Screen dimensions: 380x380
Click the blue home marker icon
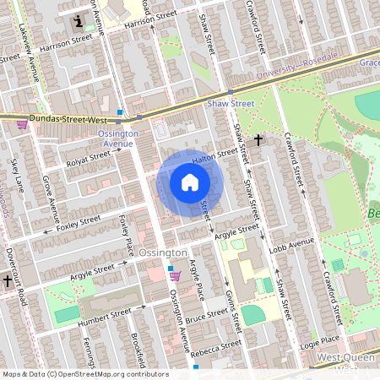190,182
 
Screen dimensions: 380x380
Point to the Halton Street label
214,155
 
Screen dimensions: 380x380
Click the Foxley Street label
78,224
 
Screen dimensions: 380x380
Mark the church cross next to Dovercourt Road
8,280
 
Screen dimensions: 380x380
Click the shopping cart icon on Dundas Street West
21,124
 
